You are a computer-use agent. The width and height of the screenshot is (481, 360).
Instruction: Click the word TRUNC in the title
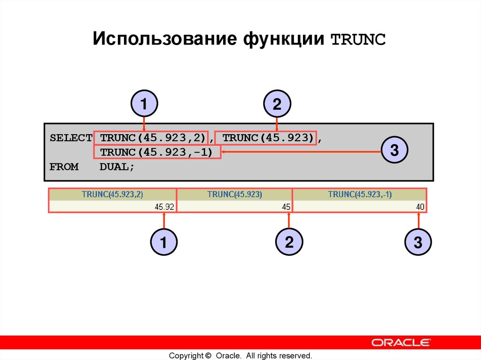tap(358, 40)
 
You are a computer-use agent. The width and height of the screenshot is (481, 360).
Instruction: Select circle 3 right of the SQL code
tap(394, 151)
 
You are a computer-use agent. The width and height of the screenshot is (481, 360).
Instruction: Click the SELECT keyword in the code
tap(71, 138)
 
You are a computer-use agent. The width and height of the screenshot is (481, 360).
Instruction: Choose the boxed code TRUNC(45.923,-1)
tap(157, 152)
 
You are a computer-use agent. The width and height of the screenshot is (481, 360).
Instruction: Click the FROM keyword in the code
tap(64, 167)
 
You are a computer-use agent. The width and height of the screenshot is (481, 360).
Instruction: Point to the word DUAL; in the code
tap(117, 167)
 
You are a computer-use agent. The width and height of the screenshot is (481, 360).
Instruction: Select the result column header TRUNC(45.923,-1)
tap(360, 194)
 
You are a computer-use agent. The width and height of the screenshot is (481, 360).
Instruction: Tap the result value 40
tap(420, 207)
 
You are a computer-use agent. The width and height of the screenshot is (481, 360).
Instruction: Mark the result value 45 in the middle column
tap(286, 207)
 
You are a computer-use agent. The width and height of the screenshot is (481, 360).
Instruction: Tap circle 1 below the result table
tap(163, 243)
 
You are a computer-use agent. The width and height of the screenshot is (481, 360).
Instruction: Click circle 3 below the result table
tap(418, 243)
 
